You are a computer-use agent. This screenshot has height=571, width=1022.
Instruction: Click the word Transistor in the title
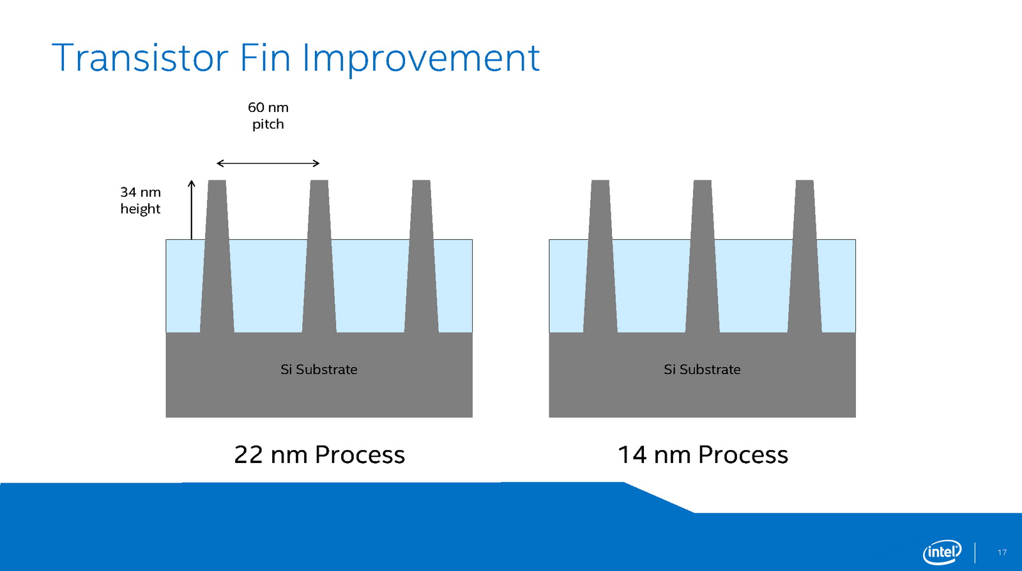click(x=140, y=58)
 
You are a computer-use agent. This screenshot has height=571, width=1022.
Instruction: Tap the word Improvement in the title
click(x=421, y=59)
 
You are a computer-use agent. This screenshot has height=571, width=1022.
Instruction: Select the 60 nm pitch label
click(x=268, y=116)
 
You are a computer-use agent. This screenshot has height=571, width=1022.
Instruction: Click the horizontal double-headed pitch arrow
click(x=268, y=163)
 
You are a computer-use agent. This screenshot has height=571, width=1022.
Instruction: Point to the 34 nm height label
click(x=141, y=201)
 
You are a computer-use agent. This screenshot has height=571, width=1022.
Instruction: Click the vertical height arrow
click(x=192, y=210)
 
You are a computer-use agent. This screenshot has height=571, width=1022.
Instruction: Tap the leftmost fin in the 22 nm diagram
click(x=217, y=256)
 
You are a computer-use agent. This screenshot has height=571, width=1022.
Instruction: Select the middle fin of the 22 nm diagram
click(x=319, y=256)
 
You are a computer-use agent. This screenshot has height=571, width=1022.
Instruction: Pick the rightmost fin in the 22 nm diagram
click(x=422, y=256)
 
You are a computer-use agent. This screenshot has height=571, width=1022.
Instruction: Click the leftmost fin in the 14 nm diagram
click(x=600, y=256)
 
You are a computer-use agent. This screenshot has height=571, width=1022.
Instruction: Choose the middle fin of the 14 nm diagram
click(x=703, y=256)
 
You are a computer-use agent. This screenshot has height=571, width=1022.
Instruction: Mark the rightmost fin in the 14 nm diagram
click(x=805, y=256)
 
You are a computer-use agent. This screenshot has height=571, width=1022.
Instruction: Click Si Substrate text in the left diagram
click(x=319, y=369)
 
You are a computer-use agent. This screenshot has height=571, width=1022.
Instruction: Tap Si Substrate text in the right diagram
click(x=702, y=369)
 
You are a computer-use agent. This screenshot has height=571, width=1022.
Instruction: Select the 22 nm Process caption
click(x=319, y=455)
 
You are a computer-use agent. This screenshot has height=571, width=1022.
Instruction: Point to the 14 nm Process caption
click(x=703, y=455)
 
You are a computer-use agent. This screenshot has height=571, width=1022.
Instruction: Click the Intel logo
click(x=942, y=552)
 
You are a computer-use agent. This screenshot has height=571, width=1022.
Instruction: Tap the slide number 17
click(x=1002, y=552)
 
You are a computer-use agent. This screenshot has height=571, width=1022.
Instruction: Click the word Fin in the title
click(x=265, y=58)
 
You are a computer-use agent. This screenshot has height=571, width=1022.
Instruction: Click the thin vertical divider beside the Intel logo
click(x=975, y=552)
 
